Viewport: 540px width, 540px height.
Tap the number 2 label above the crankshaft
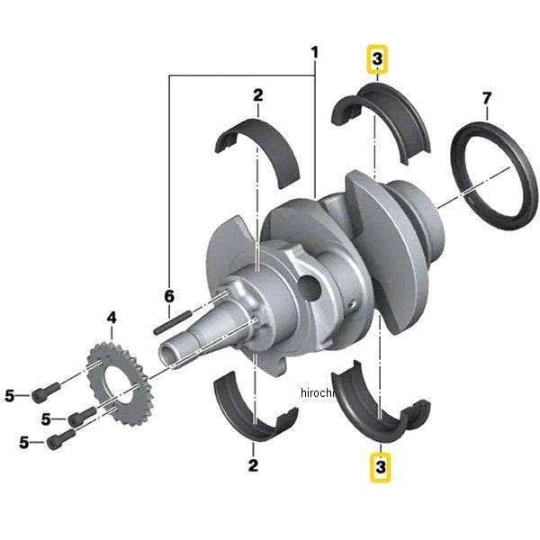click(x=257, y=94)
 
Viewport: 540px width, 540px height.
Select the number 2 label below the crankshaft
click(x=253, y=465)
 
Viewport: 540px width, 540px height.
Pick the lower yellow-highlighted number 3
click(x=381, y=467)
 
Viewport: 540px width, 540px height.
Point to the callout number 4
click(x=112, y=318)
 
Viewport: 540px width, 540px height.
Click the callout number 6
click(x=167, y=296)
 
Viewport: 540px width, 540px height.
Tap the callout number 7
click(x=487, y=97)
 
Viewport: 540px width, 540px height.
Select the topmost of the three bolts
click(x=45, y=393)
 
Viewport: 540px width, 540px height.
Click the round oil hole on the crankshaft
click(x=310, y=288)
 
